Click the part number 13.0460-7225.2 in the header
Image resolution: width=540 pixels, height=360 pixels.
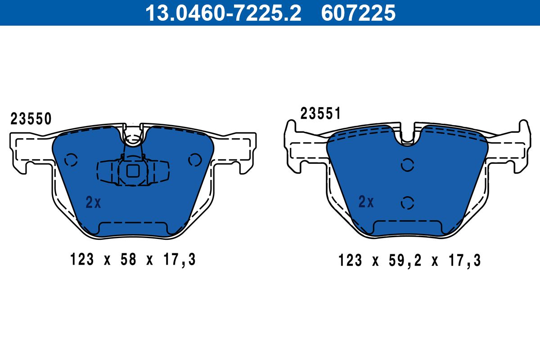click(223, 13)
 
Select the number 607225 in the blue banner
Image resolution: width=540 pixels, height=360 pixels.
click(359, 13)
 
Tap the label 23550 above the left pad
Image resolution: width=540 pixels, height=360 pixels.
click(31, 119)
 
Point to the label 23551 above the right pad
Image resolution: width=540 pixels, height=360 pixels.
click(320, 113)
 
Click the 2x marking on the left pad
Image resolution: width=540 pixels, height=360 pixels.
click(93, 202)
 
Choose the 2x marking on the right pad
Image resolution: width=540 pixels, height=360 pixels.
click(366, 202)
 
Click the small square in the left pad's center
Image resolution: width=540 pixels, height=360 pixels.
click(133, 171)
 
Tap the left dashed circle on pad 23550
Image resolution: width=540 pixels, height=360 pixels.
click(71, 160)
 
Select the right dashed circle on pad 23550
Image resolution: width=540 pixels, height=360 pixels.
click(195, 160)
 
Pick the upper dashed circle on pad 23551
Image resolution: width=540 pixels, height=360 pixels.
click(407, 165)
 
